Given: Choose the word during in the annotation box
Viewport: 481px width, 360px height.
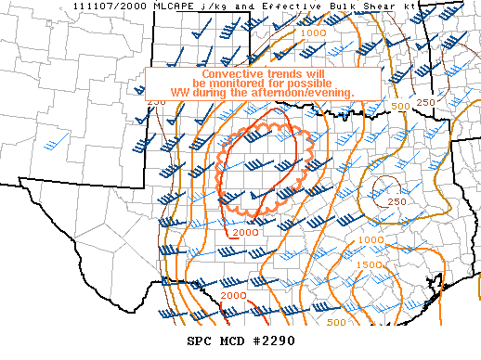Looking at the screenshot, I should pos(215,93).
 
